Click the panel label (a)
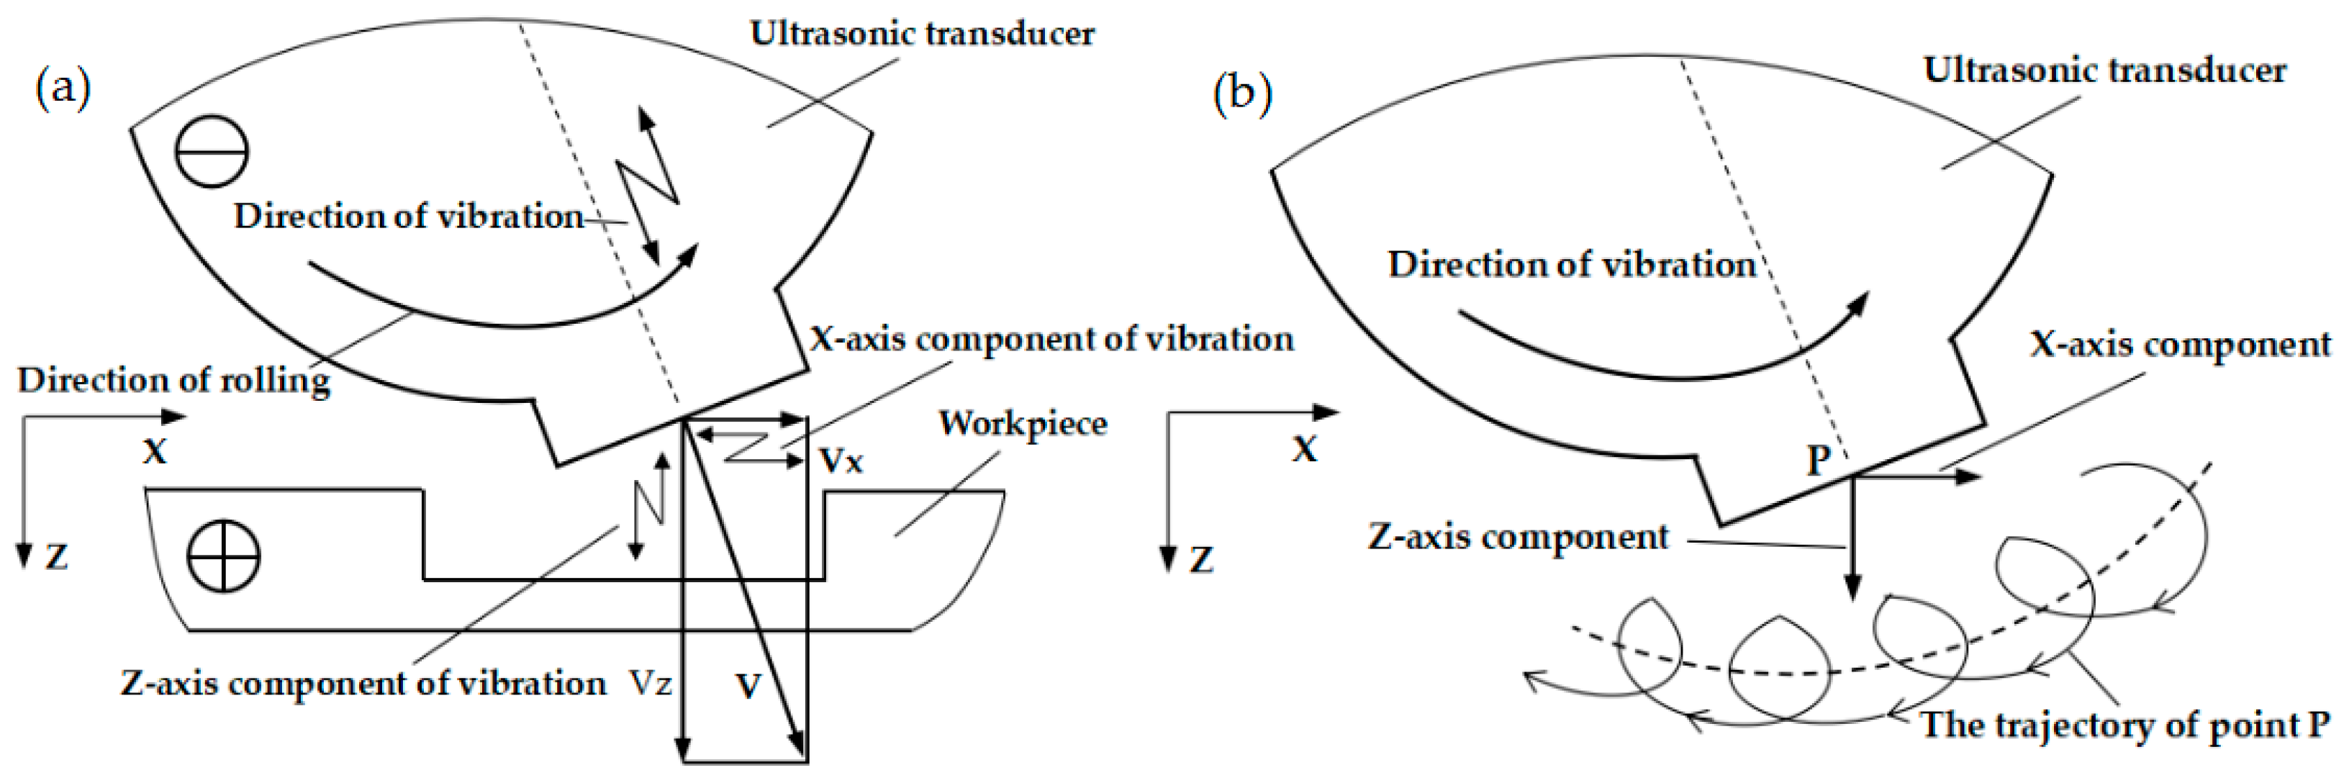tap(63, 89)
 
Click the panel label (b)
tap(1242, 94)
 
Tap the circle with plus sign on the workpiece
tap(223, 556)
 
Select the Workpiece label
tap(1023, 424)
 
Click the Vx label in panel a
tap(841, 461)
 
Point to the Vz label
tap(650, 683)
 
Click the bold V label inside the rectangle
tap(748, 685)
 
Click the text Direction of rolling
tap(173, 380)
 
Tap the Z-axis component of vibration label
tap(363, 683)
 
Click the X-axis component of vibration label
tap(1051, 339)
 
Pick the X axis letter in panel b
tap(1305, 448)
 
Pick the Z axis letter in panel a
tap(57, 556)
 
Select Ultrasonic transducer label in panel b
tap(2104, 71)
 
